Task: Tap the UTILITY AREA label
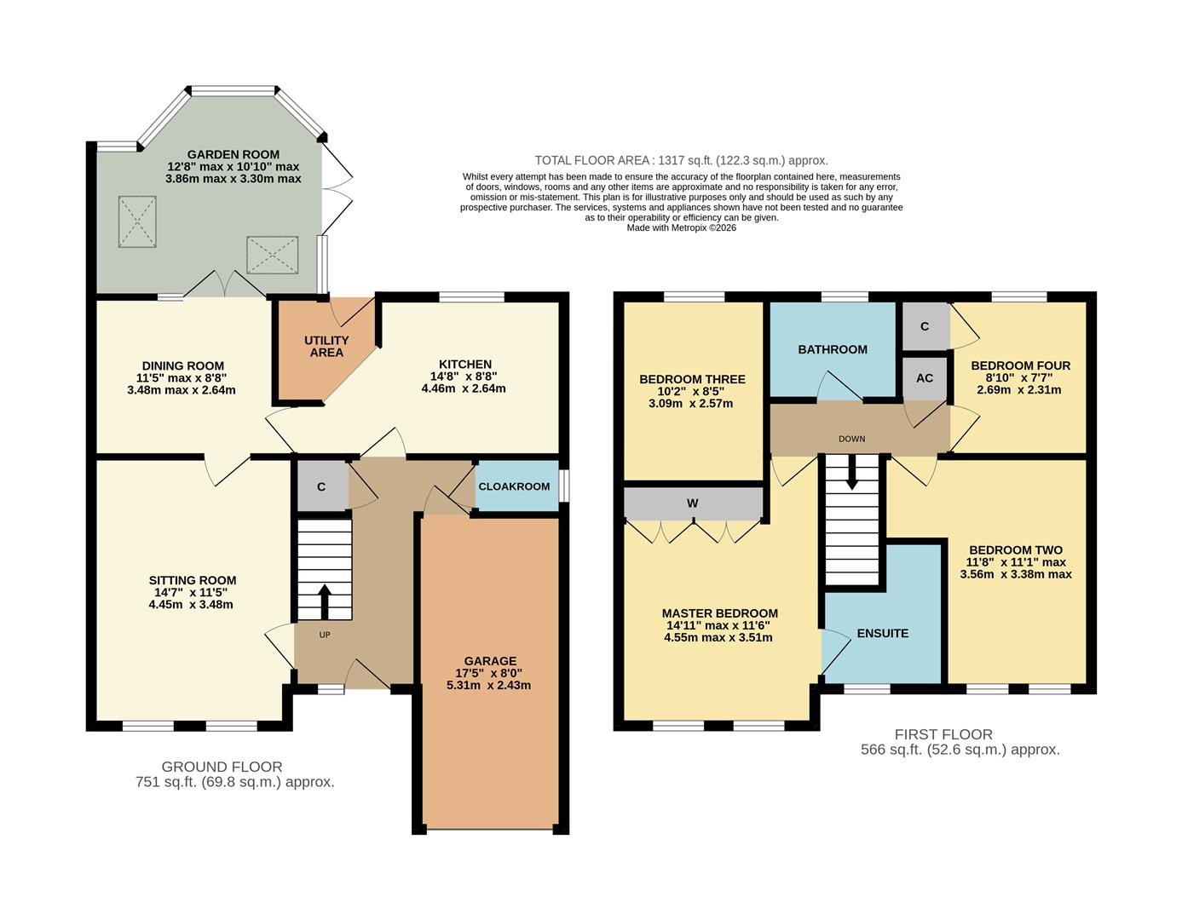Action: (x=326, y=346)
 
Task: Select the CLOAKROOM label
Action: (x=514, y=486)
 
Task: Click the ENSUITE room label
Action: (x=882, y=633)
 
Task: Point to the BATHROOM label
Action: (x=833, y=349)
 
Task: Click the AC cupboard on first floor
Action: (x=925, y=378)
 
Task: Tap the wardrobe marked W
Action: (x=693, y=503)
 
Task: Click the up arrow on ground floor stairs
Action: (x=325, y=601)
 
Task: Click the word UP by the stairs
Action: (x=325, y=635)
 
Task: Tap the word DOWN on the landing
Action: (x=851, y=439)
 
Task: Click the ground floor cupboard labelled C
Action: (x=321, y=487)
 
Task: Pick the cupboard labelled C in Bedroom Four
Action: (x=925, y=326)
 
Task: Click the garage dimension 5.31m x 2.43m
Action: (x=490, y=685)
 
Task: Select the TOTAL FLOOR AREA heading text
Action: (x=681, y=160)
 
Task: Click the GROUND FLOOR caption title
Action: (x=222, y=767)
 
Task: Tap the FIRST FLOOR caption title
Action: (x=943, y=734)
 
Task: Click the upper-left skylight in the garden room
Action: (x=137, y=221)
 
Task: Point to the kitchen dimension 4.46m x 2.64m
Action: (x=464, y=388)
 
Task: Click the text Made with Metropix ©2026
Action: (x=681, y=227)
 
